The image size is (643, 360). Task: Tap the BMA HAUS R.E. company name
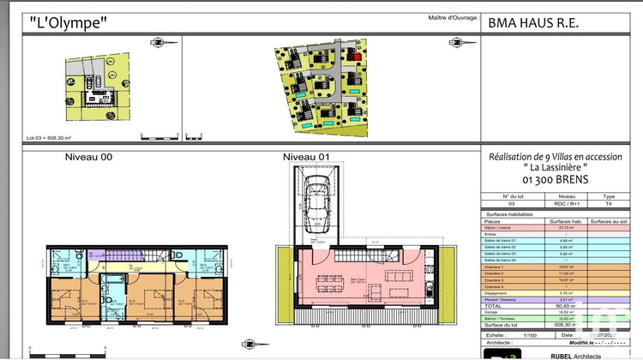pyautogui.click(x=532, y=23)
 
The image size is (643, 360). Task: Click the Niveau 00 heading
pyautogui.click(x=88, y=157)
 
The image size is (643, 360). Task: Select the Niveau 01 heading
pyautogui.click(x=306, y=157)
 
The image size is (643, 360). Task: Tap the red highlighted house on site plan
pyautogui.click(x=351, y=57)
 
